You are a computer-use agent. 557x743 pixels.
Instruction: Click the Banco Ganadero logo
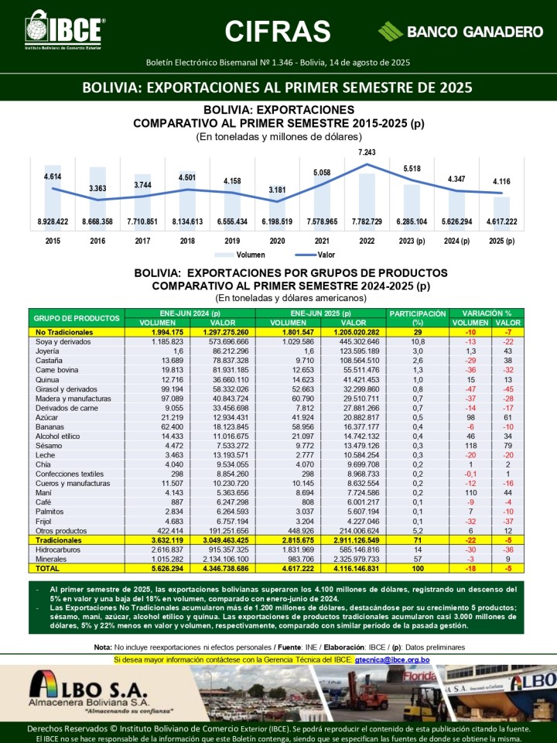[460, 32]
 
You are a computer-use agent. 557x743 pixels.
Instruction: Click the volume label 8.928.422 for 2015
[53, 222]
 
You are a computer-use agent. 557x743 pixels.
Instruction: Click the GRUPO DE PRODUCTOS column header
[77, 317]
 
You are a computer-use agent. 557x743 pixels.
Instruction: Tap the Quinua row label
[48, 381]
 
